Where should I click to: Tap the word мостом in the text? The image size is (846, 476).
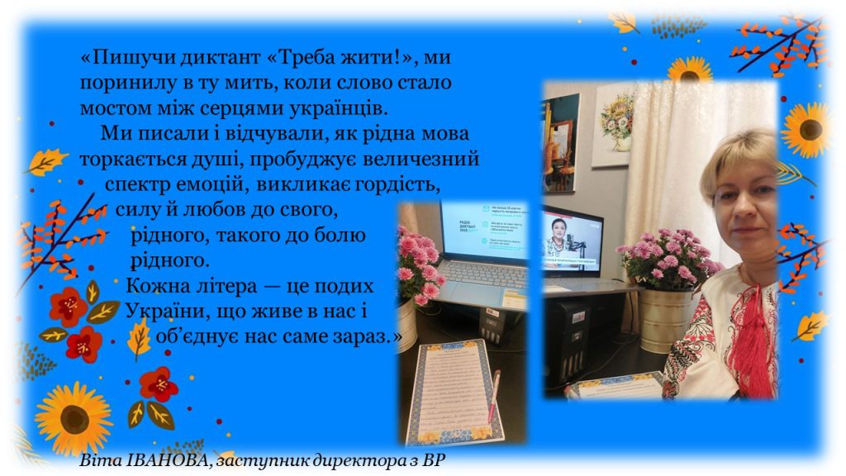click(111, 107)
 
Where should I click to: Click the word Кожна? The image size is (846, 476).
click(154, 287)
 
